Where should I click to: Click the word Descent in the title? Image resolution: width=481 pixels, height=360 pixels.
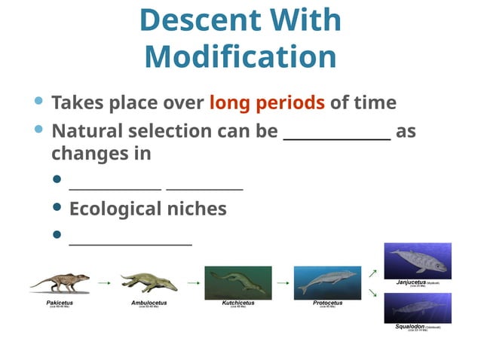pos(193,20)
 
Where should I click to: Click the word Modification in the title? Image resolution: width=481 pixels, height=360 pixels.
pos(240,57)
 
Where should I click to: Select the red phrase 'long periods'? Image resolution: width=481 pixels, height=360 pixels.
pos(267,102)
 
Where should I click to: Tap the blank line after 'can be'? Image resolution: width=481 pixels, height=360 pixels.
pos(336,136)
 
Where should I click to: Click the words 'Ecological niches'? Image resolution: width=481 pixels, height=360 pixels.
pos(148,209)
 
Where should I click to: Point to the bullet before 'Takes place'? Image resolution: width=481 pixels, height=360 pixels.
pos(39,101)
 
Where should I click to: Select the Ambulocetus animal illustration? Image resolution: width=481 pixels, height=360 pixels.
pos(149,283)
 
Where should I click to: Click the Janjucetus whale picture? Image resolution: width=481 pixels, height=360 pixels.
pos(418,261)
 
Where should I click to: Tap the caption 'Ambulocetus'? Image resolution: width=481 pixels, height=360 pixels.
pos(149,303)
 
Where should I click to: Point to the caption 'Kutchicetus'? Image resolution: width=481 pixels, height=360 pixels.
pos(237,303)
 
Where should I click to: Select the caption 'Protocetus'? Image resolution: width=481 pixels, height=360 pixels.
pos(327,303)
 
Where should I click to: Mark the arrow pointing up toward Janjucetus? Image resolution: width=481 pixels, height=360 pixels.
pos(372,272)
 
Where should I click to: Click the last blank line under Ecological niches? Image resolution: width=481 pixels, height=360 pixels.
pos(130,241)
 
